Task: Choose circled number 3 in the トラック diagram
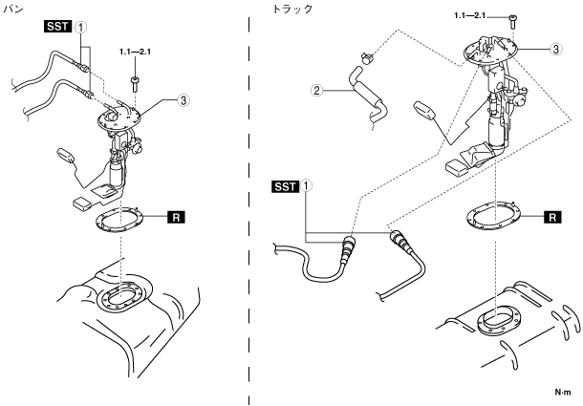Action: click(555, 48)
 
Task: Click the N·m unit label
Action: click(564, 392)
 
